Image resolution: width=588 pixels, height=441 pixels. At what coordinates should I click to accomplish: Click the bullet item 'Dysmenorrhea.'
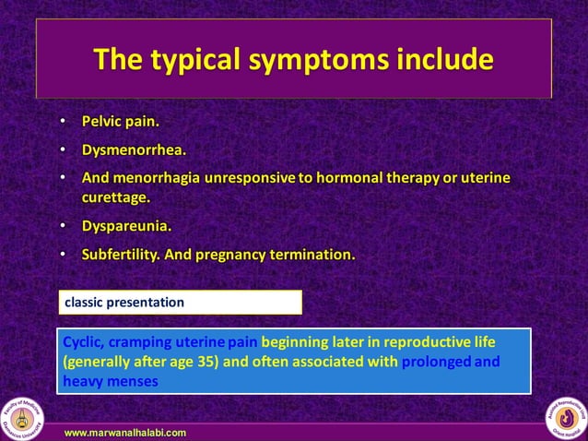(135, 149)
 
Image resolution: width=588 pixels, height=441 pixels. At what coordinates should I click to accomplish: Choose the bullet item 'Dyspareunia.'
(127, 225)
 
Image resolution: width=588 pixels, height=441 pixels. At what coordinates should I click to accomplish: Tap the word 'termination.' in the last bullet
(312, 254)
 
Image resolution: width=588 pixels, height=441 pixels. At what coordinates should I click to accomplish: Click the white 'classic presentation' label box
(180, 302)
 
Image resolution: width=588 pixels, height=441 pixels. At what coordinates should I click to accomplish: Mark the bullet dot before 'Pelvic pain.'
(62, 121)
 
